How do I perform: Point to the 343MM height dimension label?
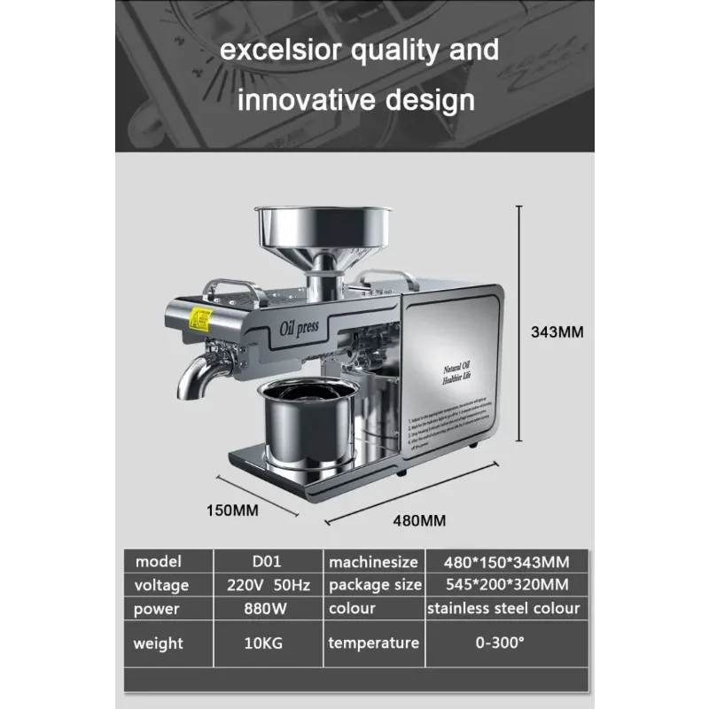click(x=557, y=333)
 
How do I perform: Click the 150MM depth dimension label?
click(x=231, y=510)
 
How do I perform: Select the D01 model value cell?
click(x=267, y=562)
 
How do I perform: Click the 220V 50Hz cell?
click(x=267, y=585)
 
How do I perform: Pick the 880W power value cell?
click(x=267, y=609)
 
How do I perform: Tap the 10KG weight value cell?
click(x=267, y=643)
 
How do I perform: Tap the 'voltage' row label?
click(x=161, y=585)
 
